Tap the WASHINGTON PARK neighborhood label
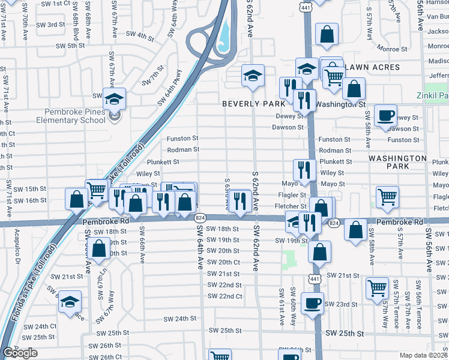(397, 161)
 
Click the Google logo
(20, 353)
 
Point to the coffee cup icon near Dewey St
(385, 115)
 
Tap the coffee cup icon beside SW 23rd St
(312, 302)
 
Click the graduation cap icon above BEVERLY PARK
(253, 76)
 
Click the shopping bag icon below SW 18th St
(101, 247)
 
